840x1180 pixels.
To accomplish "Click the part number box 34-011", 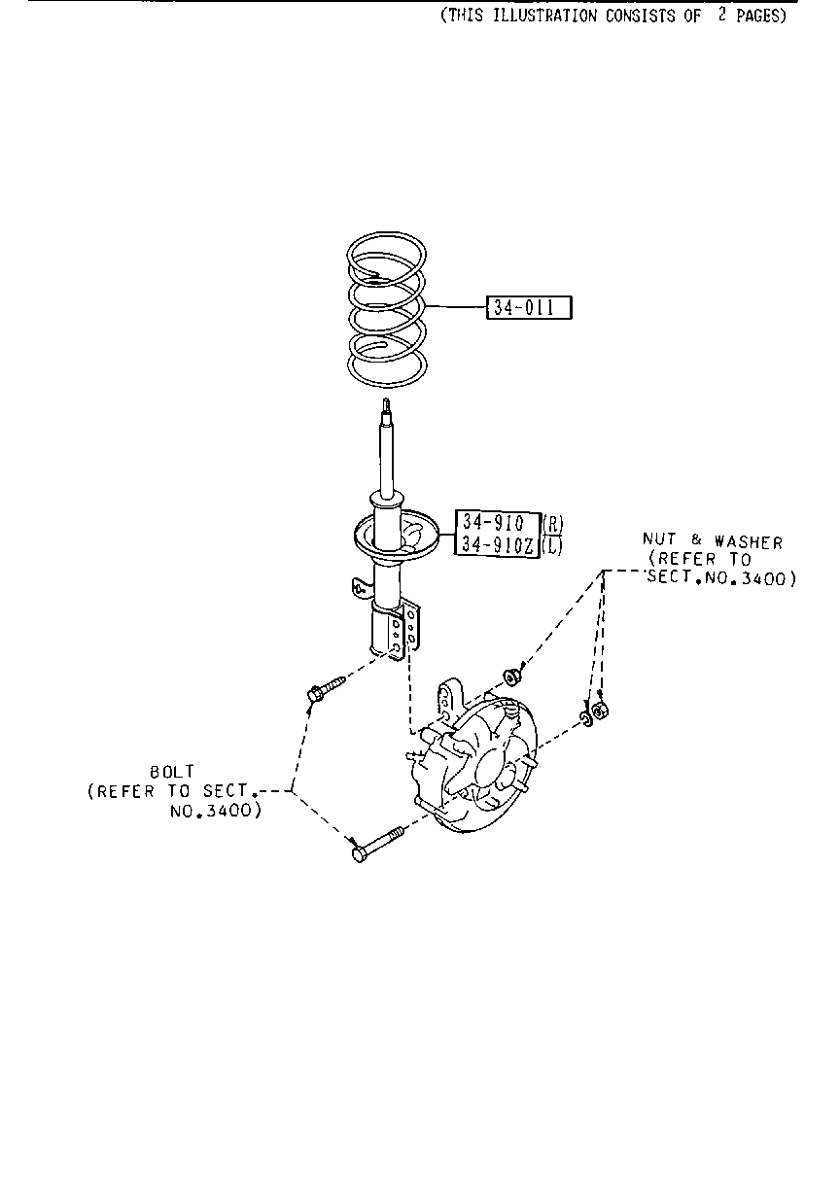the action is point(529,307).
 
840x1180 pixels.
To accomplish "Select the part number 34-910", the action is point(493,523).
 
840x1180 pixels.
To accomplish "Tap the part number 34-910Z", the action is point(498,544).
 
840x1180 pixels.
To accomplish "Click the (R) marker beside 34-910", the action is point(553,524).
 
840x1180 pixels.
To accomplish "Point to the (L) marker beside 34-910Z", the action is point(552,545).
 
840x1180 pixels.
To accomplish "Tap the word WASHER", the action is point(749,542).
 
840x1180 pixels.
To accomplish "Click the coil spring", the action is point(387,309).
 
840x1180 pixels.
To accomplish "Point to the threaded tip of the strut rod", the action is point(386,406).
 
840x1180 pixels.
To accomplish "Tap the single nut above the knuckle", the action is point(511,677).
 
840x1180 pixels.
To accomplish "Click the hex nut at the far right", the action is point(600,711).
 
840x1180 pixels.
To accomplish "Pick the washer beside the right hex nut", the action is point(585,718).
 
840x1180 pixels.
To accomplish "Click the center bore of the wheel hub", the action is point(491,770).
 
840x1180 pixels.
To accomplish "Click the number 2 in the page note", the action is point(722,15).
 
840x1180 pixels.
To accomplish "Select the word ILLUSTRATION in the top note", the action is point(544,16).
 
